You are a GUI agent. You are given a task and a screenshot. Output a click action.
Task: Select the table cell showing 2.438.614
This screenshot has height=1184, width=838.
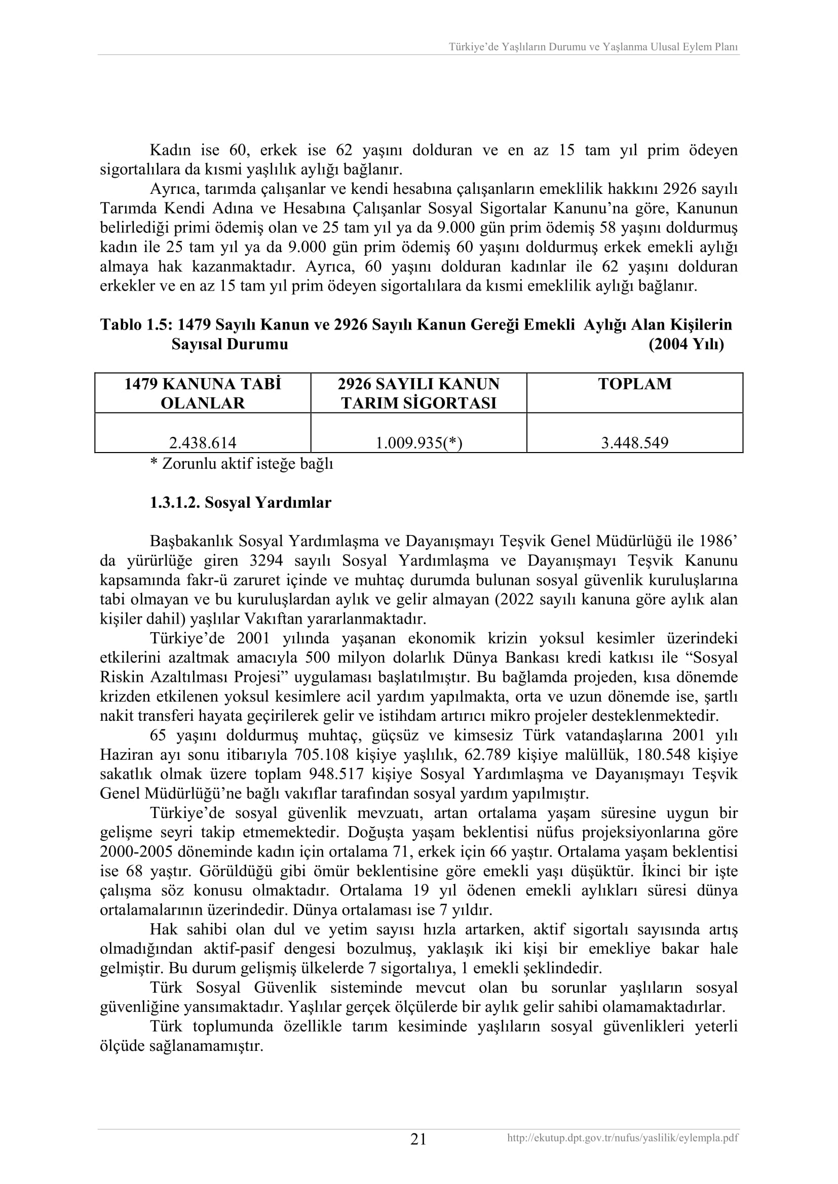coord(203,442)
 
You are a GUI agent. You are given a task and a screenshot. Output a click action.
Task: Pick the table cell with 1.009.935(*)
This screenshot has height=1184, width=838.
coord(418,442)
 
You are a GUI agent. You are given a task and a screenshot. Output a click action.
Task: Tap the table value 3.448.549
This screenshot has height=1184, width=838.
coord(635,442)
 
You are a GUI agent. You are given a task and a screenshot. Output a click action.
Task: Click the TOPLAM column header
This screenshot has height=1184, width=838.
coord(635,384)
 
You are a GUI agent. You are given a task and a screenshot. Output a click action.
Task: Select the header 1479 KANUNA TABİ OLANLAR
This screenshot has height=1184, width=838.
coord(203,393)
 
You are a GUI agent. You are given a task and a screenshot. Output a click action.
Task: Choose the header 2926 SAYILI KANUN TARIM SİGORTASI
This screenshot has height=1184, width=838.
coord(418,393)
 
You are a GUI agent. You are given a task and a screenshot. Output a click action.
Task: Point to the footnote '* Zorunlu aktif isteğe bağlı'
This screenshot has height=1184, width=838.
coord(242,464)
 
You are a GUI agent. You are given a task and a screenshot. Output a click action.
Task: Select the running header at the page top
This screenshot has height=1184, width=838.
coord(593,47)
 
